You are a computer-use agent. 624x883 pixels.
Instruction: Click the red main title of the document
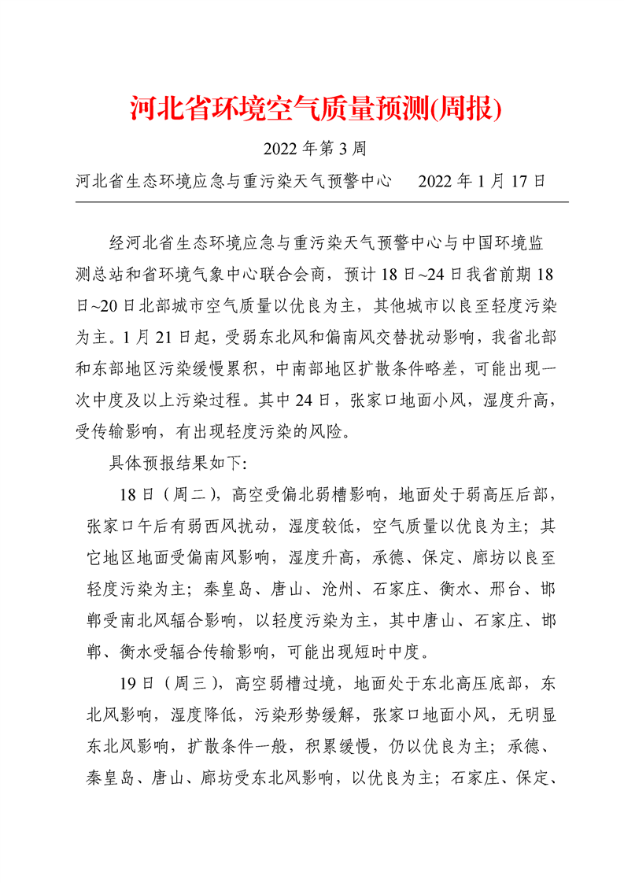click(315, 109)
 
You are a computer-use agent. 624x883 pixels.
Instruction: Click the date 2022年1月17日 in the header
click(482, 180)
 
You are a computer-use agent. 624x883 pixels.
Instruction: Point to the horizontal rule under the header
click(321, 202)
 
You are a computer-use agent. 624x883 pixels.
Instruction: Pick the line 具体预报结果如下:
click(178, 462)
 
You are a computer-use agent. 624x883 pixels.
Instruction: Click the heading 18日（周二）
click(164, 494)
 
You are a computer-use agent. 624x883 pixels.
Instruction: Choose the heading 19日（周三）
click(165, 682)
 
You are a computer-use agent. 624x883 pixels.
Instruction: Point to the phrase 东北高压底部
click(487, 682)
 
